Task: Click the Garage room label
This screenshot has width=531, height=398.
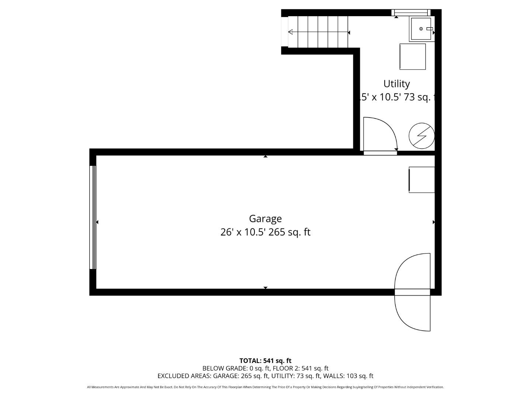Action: click(x=265, y=219)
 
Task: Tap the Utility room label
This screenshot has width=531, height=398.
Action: click(x=396, y=84)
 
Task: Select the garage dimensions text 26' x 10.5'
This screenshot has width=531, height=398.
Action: click(x=243, y=232)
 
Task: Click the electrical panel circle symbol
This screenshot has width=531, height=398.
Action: click(x=421, y=136)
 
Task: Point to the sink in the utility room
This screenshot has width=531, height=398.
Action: click(x=421, y=29)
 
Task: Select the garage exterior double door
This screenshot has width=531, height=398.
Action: click(x=412, y=292)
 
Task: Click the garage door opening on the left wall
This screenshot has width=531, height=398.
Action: click(x=93, y=217)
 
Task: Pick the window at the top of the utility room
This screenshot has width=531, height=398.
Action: click(x=411, y=13)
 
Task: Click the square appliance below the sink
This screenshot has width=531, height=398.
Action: click(x=413, y=56)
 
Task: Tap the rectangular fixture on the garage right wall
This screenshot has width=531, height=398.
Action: click(x=421, y=179)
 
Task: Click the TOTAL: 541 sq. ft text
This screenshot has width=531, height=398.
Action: click(x=265, y=361)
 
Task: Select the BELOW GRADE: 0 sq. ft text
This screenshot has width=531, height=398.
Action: click(x=236, y=368)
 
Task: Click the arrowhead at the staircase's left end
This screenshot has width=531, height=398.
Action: click(x=290, y=32)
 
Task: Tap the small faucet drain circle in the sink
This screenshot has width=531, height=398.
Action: click(x=421, y=28)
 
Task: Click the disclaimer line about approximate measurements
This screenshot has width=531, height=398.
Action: click(x=265, y=387)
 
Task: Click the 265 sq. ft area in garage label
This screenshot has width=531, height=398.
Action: click(x=289, y=232)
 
